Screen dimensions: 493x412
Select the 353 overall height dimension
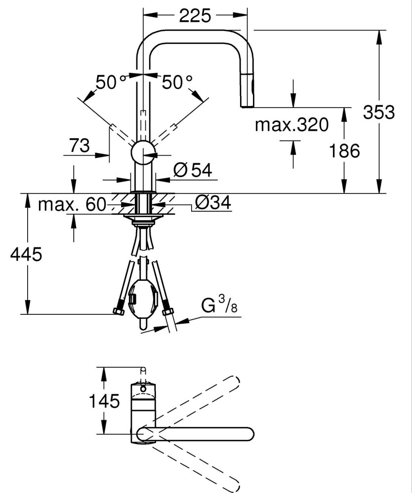379,113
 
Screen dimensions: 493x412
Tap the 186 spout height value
345,151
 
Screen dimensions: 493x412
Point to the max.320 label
291,125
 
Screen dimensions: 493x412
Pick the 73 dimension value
79,146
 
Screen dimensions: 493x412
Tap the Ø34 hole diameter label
213,202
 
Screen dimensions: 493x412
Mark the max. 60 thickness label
72,204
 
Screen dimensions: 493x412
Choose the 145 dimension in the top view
104,401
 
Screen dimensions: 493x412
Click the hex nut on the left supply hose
118,311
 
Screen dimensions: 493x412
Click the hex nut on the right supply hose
167,311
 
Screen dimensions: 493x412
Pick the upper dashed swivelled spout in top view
198,402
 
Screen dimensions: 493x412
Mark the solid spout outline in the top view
198,434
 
